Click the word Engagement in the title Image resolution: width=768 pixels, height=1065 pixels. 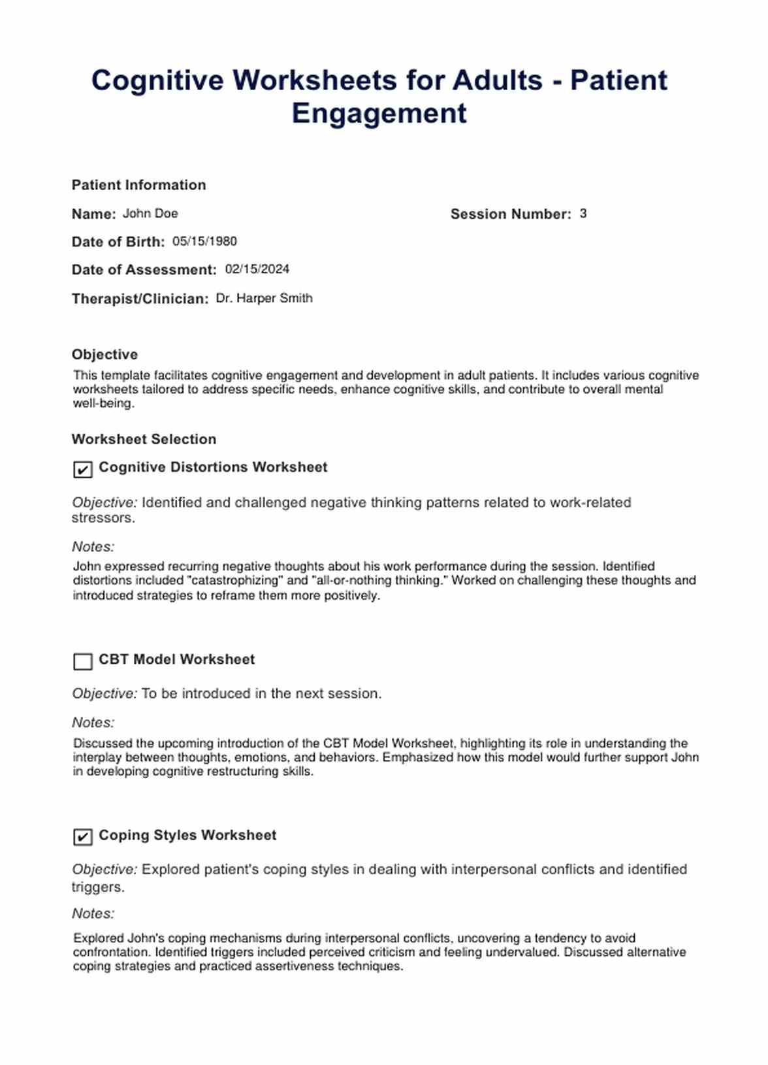pyautogui.click(x=379, y=114)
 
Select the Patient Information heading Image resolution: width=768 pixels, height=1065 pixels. pyautogui.click(x=138, y=185)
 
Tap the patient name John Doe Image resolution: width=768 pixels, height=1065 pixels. pyautogui.click(x=150, y=214)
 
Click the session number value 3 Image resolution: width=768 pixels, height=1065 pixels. pyautogui.click(x=583, y=214)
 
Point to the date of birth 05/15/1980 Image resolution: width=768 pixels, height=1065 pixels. pyautogui.click(x=204, y=242)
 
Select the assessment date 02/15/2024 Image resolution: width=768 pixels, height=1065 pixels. pyautogui.click(x=257, y=269)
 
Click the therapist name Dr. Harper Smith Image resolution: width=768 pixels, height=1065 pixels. pyautogui.click(x=264, y=298)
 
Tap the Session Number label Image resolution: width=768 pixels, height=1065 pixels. pyautogui.click(x=510, y=214)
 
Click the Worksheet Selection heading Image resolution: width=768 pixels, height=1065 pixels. pyautogui.click(x=144, y=439)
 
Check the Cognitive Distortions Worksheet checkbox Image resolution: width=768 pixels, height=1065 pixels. pyautogui.click(x=83, y=469)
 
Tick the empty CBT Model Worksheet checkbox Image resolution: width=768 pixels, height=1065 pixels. pyautogui.click(x=83, y=661)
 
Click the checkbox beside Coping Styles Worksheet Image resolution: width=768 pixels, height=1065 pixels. pyautogui.click(x=83, y=837)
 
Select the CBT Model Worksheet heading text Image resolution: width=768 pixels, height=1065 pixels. pyautogui.click(x=176, y=659)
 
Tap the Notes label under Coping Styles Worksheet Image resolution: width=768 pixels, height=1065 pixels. pyautogui.click(x=93, y=913)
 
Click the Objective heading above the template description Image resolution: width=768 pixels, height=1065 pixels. pyautogui.click(x=104, y=354)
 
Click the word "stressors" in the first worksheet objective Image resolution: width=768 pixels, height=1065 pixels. pyautogui.click(x=103, y=518)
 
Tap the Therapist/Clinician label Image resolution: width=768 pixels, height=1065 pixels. pyautogui.click(x=140, y=299)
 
